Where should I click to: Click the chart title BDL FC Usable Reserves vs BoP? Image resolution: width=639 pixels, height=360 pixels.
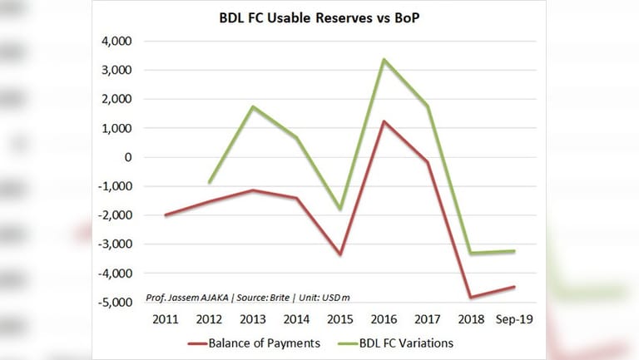[319, 17]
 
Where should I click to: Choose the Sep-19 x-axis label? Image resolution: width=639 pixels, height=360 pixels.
[515, 318]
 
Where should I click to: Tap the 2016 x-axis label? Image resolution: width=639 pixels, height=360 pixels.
[384, 318]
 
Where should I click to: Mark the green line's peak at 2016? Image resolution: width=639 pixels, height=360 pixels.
[384, 60]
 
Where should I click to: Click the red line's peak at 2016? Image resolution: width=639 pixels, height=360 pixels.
[384, 121]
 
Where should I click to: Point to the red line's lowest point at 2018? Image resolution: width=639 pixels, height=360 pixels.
[471, 297]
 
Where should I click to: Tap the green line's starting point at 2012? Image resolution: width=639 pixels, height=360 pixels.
[211, 182]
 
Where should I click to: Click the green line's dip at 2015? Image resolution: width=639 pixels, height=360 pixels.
[341, 209]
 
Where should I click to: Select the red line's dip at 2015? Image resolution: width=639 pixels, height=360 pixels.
[341, 254]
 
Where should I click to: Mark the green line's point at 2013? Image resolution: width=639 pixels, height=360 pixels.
[254, 106]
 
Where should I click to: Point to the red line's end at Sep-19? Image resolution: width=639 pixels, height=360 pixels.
[515, 287]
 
